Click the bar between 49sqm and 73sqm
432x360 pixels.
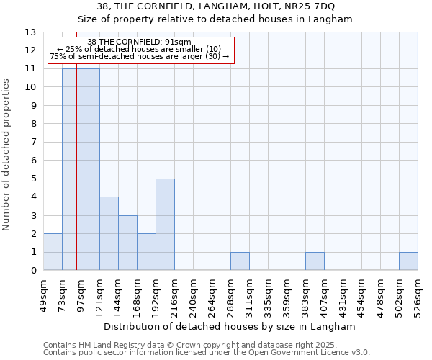53,252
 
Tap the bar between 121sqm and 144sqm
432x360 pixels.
109,234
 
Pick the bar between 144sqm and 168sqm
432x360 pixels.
127,243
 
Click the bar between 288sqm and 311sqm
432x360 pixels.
240,261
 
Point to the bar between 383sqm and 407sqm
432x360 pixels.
315,261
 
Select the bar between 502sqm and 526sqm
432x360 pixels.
408,261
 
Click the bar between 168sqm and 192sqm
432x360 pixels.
146,252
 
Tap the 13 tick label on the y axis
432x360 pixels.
30,32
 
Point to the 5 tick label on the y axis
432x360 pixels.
33,179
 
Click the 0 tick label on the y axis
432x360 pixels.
33,271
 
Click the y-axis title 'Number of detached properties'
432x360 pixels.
7,155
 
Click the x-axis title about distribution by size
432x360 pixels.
235,326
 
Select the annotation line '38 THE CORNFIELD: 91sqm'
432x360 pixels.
139,42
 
